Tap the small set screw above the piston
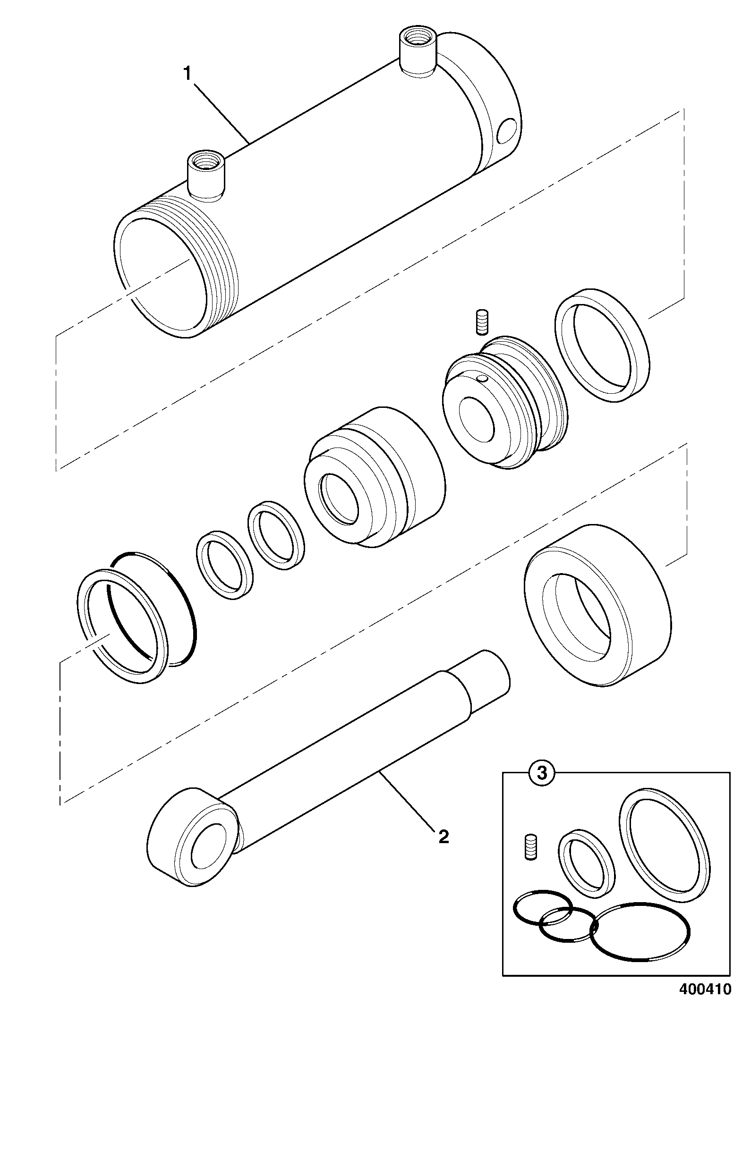tap(482, 321)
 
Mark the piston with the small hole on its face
tap(505, 402)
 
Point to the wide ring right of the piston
tap(602, 345)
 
